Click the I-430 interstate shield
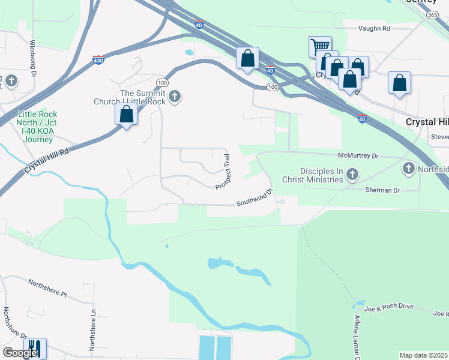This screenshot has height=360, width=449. [99, 60]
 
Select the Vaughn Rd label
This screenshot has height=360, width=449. [374, 28]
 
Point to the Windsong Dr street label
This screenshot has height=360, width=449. [34, 58]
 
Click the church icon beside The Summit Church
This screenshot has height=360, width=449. [175, 97]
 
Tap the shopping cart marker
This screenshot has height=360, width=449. [320, 47]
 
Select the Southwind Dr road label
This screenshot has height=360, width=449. [255, 198]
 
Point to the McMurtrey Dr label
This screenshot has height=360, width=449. [358, 155]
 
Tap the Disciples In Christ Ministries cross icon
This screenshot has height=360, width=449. [352, 175]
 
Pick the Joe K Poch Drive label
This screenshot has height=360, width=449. [390, 307]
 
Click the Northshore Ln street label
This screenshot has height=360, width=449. [93, 329]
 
